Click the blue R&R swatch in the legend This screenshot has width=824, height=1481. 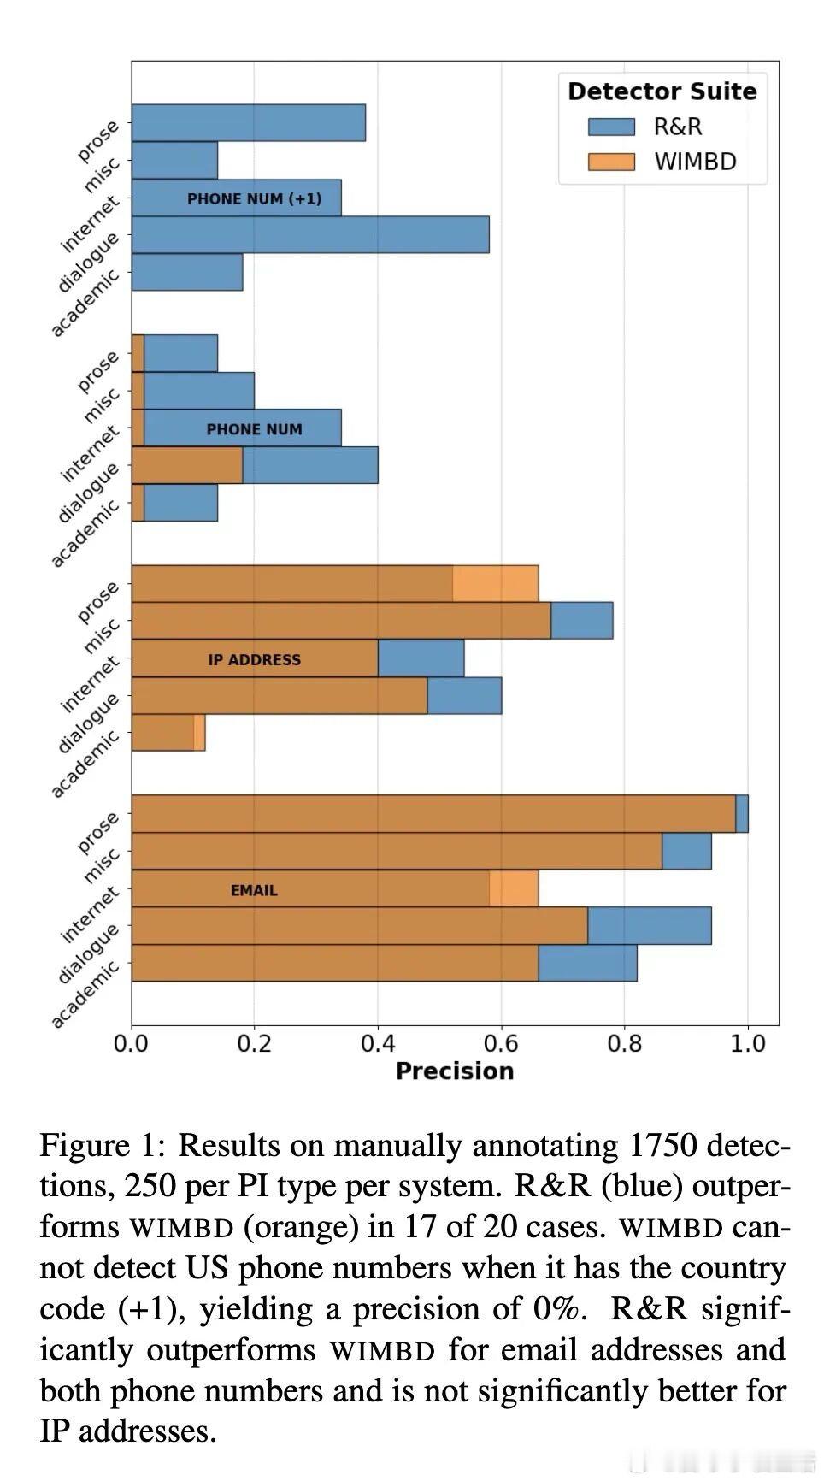611,127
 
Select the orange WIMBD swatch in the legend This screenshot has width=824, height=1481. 611,162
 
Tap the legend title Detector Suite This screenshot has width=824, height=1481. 662,91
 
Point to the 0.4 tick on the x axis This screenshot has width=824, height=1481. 378,1044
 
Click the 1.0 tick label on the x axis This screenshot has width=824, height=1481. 748,1044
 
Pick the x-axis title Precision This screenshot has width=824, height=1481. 454,1071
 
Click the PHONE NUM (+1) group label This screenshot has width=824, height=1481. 254,199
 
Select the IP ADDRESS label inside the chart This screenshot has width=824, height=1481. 254,660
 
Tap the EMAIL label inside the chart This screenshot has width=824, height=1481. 254,891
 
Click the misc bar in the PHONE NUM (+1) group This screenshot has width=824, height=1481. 174,161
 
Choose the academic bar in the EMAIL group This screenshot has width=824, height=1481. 384,963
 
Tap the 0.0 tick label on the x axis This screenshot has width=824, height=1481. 132,1044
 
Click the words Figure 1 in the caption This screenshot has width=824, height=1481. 102,1145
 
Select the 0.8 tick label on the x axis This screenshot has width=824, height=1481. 624,1044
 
